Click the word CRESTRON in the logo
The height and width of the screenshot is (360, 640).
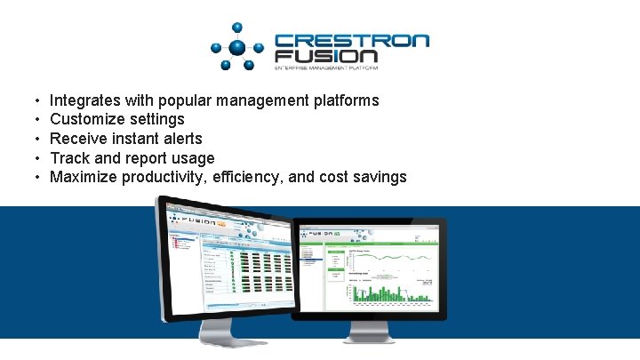point(351,42)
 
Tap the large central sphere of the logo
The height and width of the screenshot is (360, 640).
point(237,48)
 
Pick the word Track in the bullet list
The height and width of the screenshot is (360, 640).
point(70,158)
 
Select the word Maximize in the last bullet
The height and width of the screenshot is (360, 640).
point(84,177)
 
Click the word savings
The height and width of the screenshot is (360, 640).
point(378,177)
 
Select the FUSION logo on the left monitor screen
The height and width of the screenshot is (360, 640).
point(197,218)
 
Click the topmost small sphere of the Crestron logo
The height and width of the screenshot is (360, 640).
point(237,27)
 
